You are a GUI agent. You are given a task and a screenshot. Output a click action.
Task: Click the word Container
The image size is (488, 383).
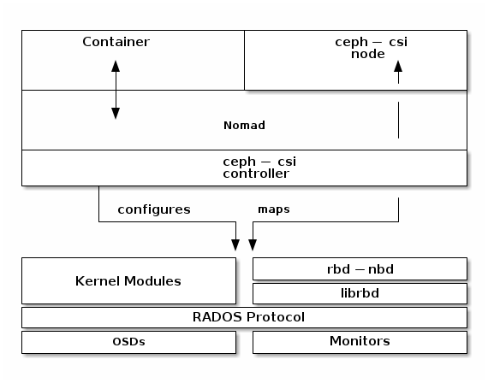click(116, 42)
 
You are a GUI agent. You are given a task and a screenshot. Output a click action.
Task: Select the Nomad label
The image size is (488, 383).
click(244, 126)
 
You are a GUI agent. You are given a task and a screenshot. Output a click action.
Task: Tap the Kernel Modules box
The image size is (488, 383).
click(128, 280)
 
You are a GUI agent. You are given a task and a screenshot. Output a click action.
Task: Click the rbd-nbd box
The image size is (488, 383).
click(360, 269)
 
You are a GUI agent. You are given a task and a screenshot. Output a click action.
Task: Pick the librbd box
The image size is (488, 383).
click(360, 293)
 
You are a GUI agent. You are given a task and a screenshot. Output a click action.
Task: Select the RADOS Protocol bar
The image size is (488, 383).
click(244, 317)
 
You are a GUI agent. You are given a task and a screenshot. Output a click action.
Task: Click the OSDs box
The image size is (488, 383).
click(128, 342)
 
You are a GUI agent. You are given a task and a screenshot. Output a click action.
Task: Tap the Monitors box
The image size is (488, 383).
click(360, 342)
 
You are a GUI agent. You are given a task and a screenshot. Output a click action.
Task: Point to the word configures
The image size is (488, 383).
click(154, 209)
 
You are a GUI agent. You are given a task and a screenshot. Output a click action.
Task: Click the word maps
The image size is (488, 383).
click(274, 209)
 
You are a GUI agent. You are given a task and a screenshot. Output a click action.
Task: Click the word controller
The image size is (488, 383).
click(256, 174)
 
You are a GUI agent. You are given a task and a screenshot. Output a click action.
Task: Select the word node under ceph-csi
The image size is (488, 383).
click(368, 54)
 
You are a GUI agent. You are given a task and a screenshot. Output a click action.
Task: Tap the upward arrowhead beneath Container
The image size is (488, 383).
click(116, 66)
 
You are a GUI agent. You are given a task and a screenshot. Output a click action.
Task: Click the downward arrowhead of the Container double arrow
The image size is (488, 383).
click(116, 114)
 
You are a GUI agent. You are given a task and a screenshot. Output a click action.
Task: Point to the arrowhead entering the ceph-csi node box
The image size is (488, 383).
click(398, 66)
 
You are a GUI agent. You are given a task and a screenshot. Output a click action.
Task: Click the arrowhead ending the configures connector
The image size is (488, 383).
click(235, 245)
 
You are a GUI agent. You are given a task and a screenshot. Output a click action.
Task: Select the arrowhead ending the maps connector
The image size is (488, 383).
click(253, 245)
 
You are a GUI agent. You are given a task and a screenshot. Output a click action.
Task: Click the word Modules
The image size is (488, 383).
click(152, 281)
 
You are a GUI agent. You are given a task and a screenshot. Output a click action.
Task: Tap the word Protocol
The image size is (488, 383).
click(276, 317)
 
